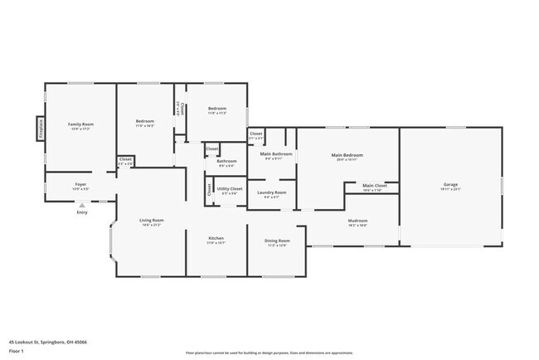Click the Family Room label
click(80, 124)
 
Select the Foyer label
click(80, 184)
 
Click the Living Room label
click(151, 220)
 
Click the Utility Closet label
click(230, 189)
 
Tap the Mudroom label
click(357, 221)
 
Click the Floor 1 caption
click(16, 351)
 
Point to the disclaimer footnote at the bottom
click(269, 353)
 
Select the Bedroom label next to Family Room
click(145, 121)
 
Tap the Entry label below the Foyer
click(81, 213)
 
